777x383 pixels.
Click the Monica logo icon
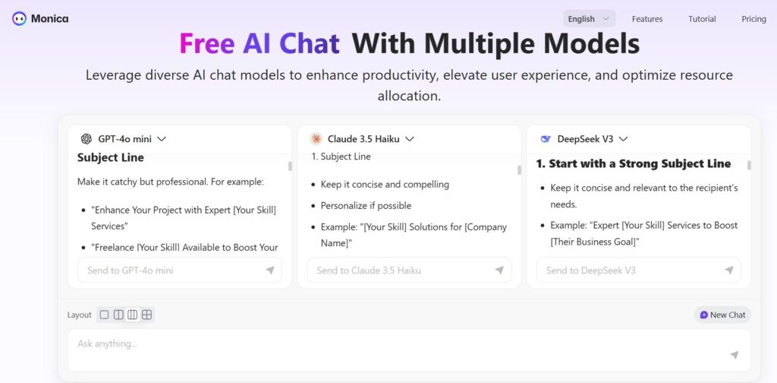pyautogui.click(x=19, y=19)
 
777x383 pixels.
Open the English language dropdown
pyautogui.click(x=589, y=19)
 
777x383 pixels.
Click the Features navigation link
pyautogui.click(x=646, y=19)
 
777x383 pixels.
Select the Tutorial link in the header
pyautogui.click(x=702, y=19)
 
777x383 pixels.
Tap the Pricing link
pyautogui.click(x=753, y=19)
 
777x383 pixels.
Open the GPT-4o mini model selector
pyautogui.click(x=124, y=139)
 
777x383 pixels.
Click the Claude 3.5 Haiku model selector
pyautogui.click(x=362, y=139)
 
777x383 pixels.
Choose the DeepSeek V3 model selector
pyautogui.click(x=584, y=139)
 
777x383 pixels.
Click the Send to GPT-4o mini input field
pyautogui.click(x=179, y=271)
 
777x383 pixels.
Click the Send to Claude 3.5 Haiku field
pyautogui.click(x=409, y=271)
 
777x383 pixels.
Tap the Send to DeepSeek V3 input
pyautogui.click(x=638, y=271)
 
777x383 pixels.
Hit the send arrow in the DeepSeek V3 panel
pyautogui.click(x=729, y=271)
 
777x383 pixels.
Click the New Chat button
pyautogui.click(x=722, y=315)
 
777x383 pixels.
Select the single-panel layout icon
pyautogui.click(x=104, y=315)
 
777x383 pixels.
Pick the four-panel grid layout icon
pyautogui.click(x=146, y=315)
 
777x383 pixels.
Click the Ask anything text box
pyautogui.click(x=409, y=350)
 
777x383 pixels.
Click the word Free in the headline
pyautogui.click(x=206, y=43)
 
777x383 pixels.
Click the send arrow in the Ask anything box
pyautogui.click(x=735, y=355)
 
